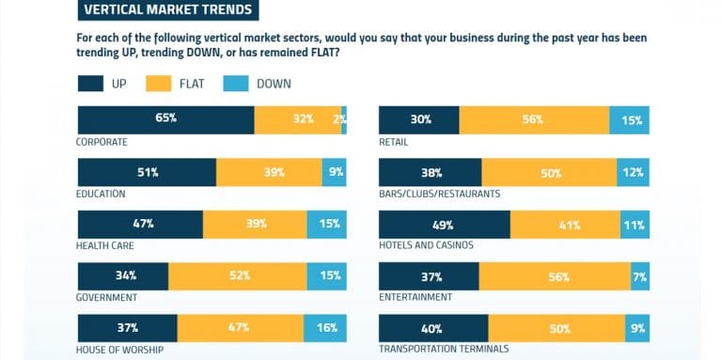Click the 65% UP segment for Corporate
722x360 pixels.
[165, 120]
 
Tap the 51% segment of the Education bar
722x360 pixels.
[147, 172]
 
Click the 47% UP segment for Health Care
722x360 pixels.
[140, 224]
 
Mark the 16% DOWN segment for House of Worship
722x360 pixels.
[325, 327]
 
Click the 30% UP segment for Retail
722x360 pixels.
[418, 120]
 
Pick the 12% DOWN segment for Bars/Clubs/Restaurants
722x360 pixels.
[633, 172]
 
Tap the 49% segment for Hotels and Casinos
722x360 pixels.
[444, 224]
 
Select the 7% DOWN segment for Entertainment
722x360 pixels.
[639, 275]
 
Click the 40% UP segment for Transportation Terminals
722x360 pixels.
[433, 327]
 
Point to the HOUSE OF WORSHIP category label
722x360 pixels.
[118, 349]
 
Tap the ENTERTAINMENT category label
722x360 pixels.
[416, 297]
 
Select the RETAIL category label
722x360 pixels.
[394, 142]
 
